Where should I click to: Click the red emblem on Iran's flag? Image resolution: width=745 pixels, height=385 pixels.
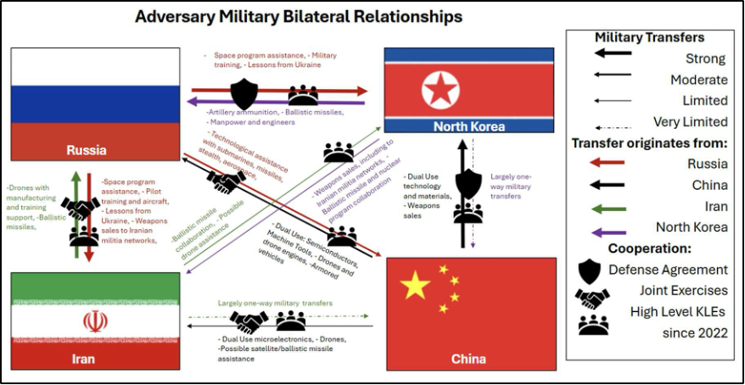tap(96, 321)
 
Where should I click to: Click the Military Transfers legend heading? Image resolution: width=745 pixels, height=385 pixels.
tap(649, 37)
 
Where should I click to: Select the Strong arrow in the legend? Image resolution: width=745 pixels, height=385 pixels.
tap(613, 53)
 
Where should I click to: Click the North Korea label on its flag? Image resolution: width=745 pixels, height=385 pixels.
tap(469, 126)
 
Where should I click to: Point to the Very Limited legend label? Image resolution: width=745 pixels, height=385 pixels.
tap(690, 121)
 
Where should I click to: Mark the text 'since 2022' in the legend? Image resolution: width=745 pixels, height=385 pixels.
tap(695, 332)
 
